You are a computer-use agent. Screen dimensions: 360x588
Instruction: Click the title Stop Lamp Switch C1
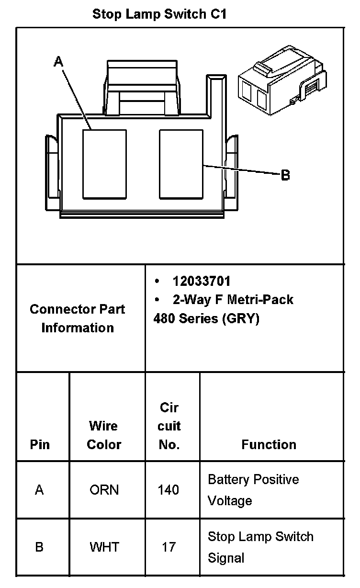click(x=159, y=14)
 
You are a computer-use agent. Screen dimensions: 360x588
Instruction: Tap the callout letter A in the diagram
click(x=58, y=61)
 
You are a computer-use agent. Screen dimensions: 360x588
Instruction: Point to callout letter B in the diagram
click(x=285, y=175)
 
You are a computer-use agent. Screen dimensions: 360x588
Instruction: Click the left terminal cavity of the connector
click(x=104, y=164)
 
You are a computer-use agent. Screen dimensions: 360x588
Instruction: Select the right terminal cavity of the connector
click(x=180, y=164)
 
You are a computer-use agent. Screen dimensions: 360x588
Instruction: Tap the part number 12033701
click(x=202, y=281)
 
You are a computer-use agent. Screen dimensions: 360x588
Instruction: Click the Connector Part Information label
click(x=78, y=318)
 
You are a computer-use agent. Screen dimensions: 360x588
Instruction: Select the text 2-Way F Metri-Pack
click(x=233, y=300)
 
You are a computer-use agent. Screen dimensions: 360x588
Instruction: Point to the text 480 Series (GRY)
click(x=206, y=318)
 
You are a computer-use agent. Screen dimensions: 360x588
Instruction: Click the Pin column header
click(x=40, y=444)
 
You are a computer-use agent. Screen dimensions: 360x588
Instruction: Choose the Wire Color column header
click(x=104, y=435)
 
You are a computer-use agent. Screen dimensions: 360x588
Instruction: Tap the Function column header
click(x=269, y=444)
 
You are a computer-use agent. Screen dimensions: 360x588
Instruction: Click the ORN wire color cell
click(x=104, y=490)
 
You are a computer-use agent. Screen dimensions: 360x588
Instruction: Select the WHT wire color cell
click(x=104, y=547)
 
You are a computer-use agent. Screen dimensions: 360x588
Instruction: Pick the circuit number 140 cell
click(x=169, y=490)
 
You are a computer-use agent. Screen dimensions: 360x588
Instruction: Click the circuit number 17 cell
click(x=169, y=547)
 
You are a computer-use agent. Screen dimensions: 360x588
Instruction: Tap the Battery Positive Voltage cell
click(x=253, y=490)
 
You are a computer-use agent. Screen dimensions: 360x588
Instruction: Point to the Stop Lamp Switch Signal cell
click(x=260, y=547)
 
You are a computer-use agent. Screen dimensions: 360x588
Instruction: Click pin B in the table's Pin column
click(x=39, y=547)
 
